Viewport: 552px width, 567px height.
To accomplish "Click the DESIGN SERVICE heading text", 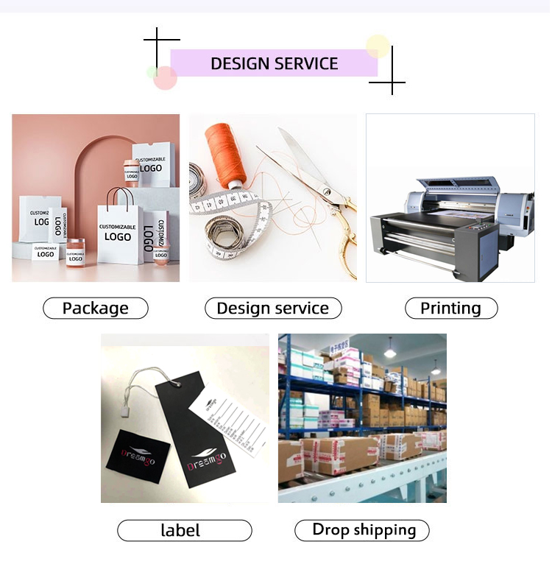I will pos(274,63).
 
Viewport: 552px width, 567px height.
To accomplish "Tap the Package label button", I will pos(96,309).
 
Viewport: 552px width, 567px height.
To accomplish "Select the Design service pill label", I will pos(273,309).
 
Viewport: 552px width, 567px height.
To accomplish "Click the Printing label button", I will pos(450,309).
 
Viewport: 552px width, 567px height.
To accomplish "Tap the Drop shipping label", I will pos(362,529).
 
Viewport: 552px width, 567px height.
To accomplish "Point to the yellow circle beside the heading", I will pos(378,46).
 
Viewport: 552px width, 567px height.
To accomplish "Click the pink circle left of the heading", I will pos(166,77).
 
